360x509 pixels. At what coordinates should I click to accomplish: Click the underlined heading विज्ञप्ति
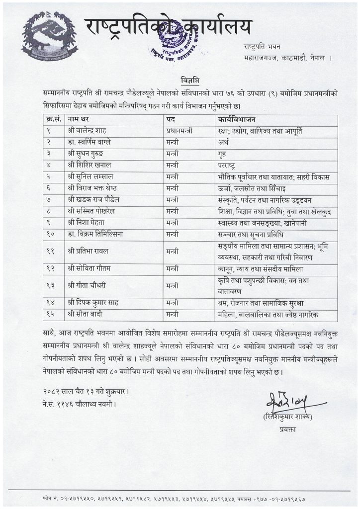pyautogui.click(x=180, y=81)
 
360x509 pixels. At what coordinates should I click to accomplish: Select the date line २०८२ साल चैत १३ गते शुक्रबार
pyautogui.click(x=83, y=391)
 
